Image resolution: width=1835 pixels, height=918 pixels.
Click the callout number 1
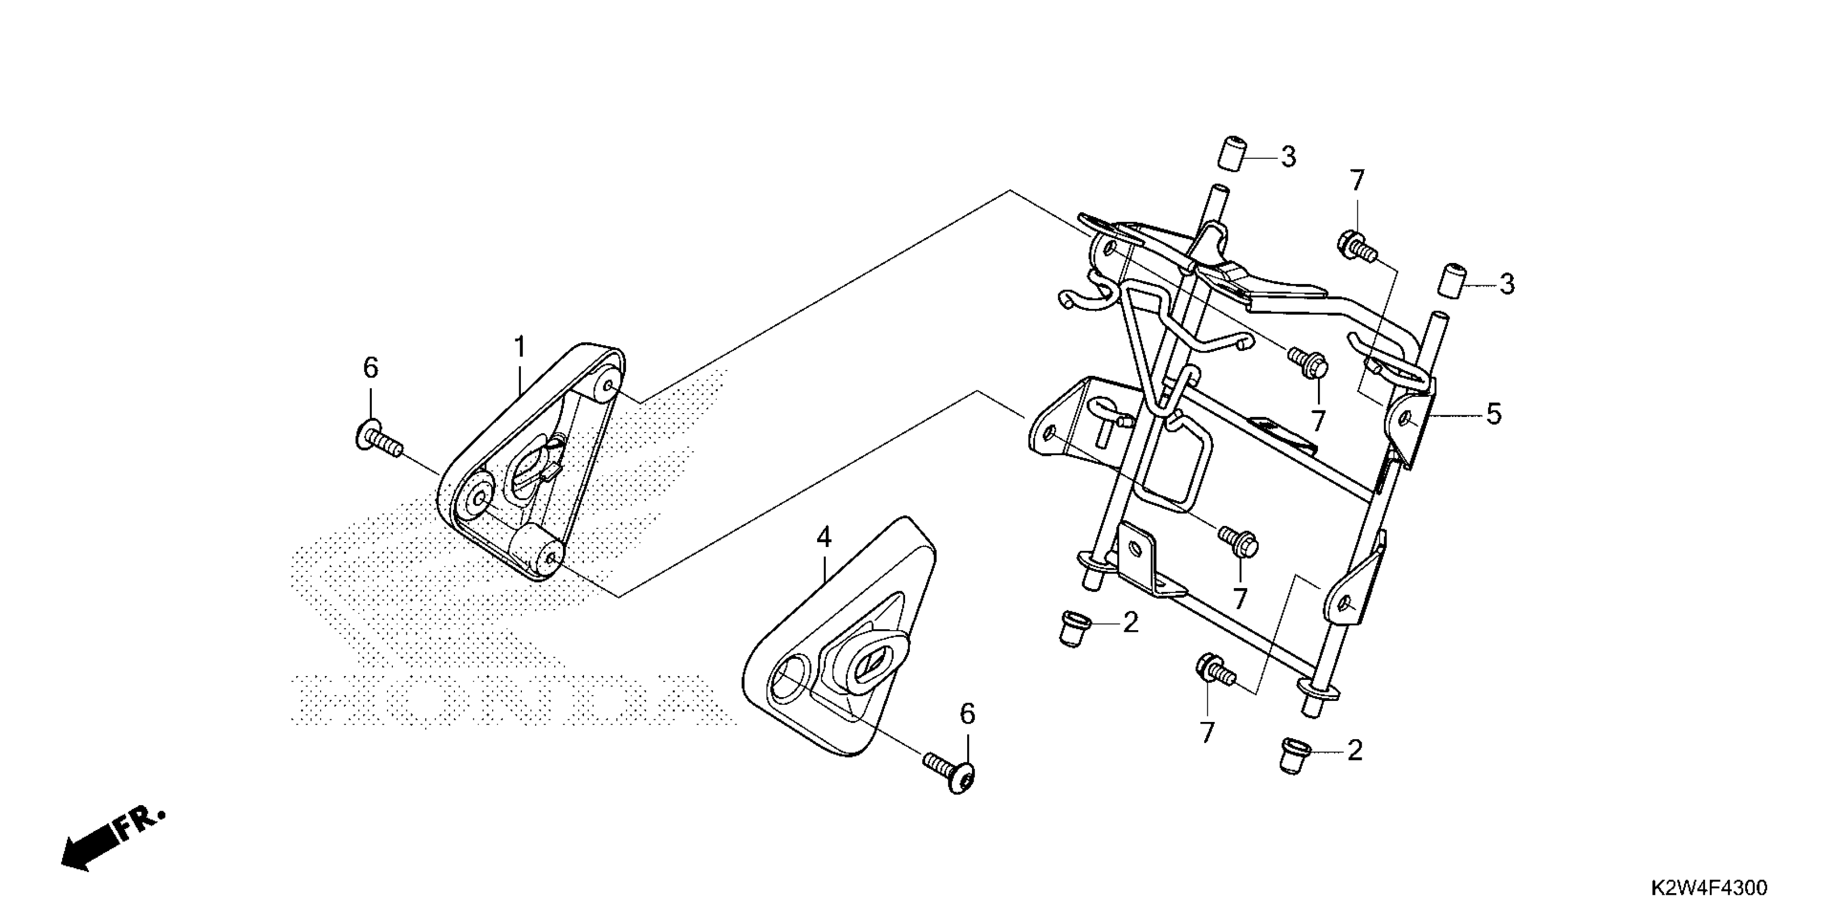click(x=520, y=348)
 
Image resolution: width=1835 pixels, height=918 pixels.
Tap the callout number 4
click(x=824, y=537)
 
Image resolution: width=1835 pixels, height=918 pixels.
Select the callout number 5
click(x=1494, y=414)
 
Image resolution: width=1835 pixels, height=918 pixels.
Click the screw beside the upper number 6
click(x=378, y=439)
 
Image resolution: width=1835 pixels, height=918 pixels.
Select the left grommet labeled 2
click(x=1071, y=627)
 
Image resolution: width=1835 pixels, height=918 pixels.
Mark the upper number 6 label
click(x=370, y=368)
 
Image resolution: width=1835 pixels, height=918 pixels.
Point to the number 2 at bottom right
click(x=1354, y=751)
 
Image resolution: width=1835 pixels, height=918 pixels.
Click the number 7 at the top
click(x=1357, y=182)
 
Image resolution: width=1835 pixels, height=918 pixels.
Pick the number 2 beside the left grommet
click(x=1131, y=623)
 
